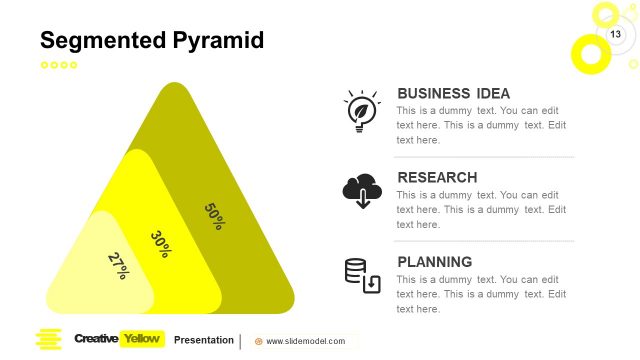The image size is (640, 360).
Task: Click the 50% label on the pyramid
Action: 214,216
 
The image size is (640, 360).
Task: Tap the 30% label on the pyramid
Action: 160,244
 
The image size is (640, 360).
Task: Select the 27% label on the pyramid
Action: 118,265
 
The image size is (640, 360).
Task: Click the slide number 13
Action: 616,35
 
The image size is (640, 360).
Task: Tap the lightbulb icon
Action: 361,110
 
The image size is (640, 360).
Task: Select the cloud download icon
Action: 361,190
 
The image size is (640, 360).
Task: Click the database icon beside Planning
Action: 362,275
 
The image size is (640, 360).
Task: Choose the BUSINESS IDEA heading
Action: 453,93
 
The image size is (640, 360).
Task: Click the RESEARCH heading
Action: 437,178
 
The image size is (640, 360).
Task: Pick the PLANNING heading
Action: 434,262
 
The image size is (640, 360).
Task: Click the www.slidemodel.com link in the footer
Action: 305,341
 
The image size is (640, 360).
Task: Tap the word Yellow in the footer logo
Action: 141,339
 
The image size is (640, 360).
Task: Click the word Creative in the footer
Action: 96,339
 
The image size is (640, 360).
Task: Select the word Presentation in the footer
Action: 204,340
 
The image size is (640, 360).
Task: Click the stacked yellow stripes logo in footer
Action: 48,339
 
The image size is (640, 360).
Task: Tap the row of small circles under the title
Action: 58,65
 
